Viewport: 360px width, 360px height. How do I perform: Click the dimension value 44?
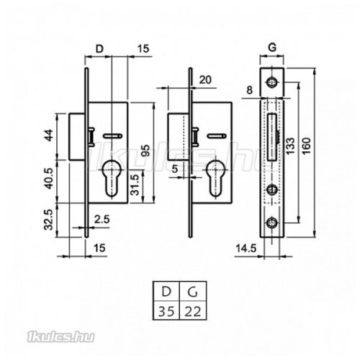click(x=49, y=135)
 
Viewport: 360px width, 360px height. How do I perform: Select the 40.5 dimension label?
click(x=49, y=179)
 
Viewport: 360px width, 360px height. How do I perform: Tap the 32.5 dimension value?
click(x=49, y=220)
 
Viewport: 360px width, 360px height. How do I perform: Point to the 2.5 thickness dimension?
click(x=102, y=220)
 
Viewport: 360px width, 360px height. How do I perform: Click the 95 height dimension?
click(x=145, y=150)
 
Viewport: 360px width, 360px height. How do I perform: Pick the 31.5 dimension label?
click(x=135, y=185)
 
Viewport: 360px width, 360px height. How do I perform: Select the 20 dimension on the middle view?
click(x=205, y=80)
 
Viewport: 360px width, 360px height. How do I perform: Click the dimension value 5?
click(x=175, y=169)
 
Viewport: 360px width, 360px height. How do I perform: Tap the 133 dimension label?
click(x=290, y=146)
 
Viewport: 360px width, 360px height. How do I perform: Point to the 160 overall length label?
click(x=307, y=146)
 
